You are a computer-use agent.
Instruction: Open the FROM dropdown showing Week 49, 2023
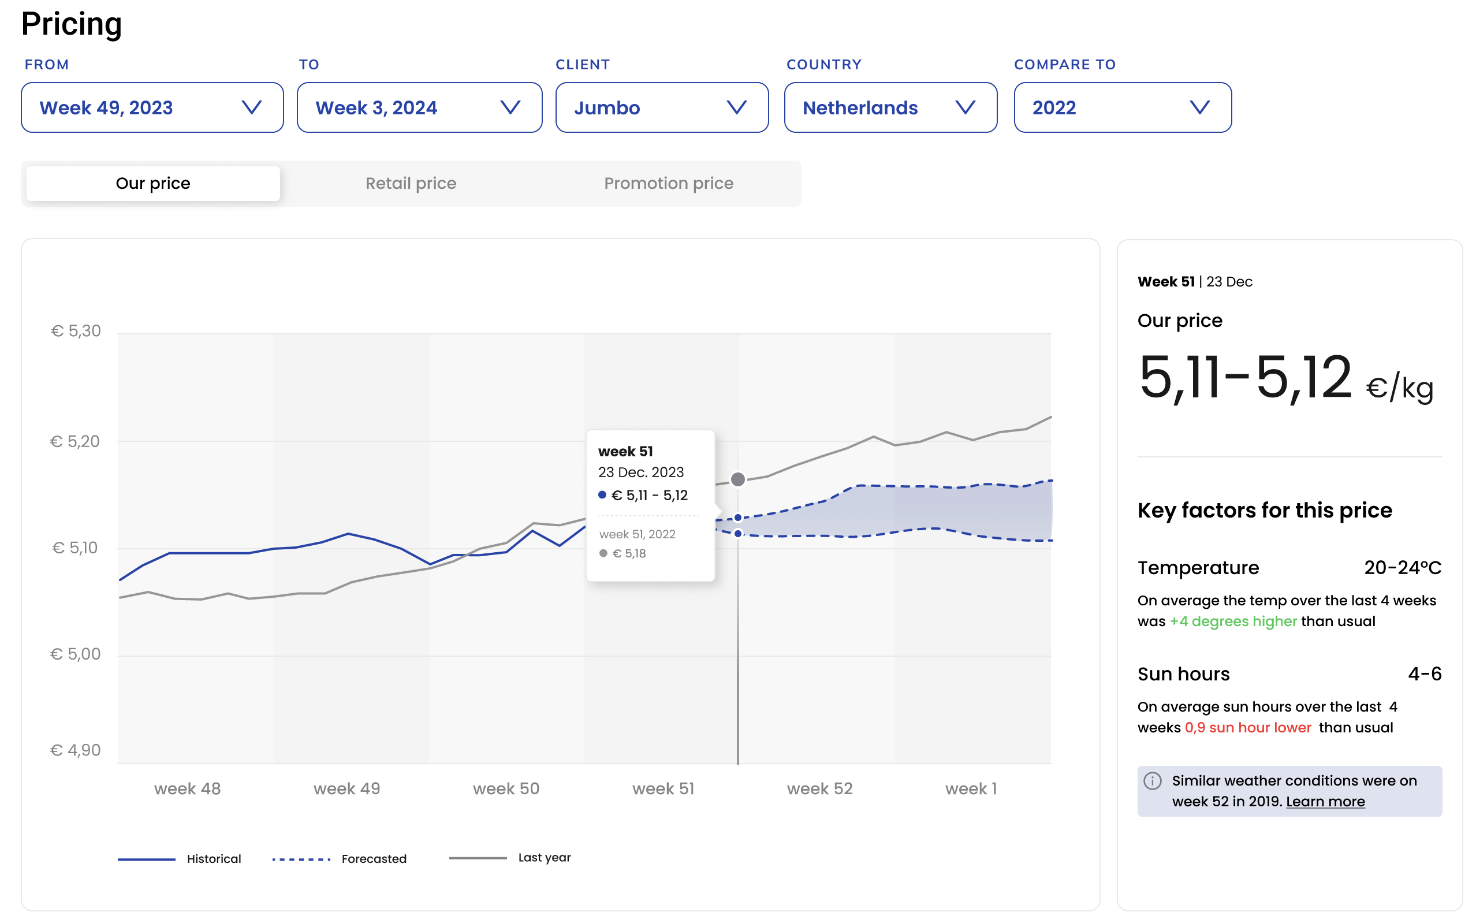(x=152, y=107)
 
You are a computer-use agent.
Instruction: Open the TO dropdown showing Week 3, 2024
(x=419, y=107)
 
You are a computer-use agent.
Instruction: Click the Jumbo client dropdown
(x=661, y=107)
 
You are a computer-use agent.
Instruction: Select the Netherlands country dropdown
(x=890, y=107)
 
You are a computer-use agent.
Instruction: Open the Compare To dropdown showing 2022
(x=1122, y=107)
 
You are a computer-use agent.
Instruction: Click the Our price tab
(x=153, y=183)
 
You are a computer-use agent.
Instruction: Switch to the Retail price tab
(x=411, y=183)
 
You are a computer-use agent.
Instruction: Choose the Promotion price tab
(x=668, y=183)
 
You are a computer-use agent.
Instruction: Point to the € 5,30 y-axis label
(x=76, y=331)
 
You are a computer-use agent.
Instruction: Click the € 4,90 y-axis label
(x=76, y=750)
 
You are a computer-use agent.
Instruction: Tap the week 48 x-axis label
(x=187, y=788)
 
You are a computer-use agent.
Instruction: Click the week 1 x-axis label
(x=971, y=788)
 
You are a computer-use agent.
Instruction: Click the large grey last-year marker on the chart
(x=737, y=479)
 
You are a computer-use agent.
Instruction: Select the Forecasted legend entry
(x=339, y=859)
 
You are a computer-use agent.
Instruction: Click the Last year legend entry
(x=510, y=858)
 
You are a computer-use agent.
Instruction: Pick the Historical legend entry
(x=180, y=859)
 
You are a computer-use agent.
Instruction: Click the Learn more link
(x=1325, y=802)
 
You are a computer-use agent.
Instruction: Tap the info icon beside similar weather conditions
(x=1153, y=781)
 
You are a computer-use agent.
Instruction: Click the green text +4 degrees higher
(x=1233, y=621)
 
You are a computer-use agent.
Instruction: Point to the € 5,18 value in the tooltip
(x=628, y=554)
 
